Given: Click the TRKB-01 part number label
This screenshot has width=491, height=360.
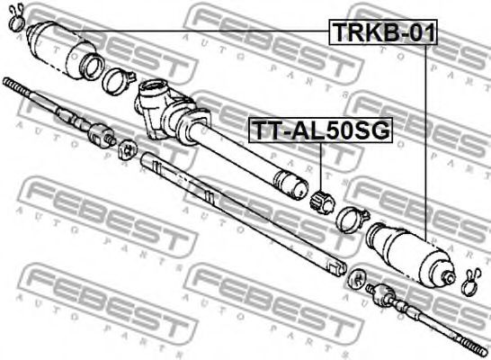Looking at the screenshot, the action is pos(383,32).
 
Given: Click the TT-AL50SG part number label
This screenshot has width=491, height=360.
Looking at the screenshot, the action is pos(320,130).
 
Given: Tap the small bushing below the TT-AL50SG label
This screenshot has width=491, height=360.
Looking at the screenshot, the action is pos(322,203).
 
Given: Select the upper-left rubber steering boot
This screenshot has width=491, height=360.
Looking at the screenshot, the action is pos(64,49).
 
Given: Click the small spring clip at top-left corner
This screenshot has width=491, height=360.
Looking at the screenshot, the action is pos(16,18).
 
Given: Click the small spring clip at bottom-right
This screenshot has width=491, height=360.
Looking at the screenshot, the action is pos(471,282).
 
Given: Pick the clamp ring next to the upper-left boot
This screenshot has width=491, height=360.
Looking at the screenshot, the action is pos(119,82).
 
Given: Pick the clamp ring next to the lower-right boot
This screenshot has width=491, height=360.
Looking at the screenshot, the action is pos(352,220).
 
